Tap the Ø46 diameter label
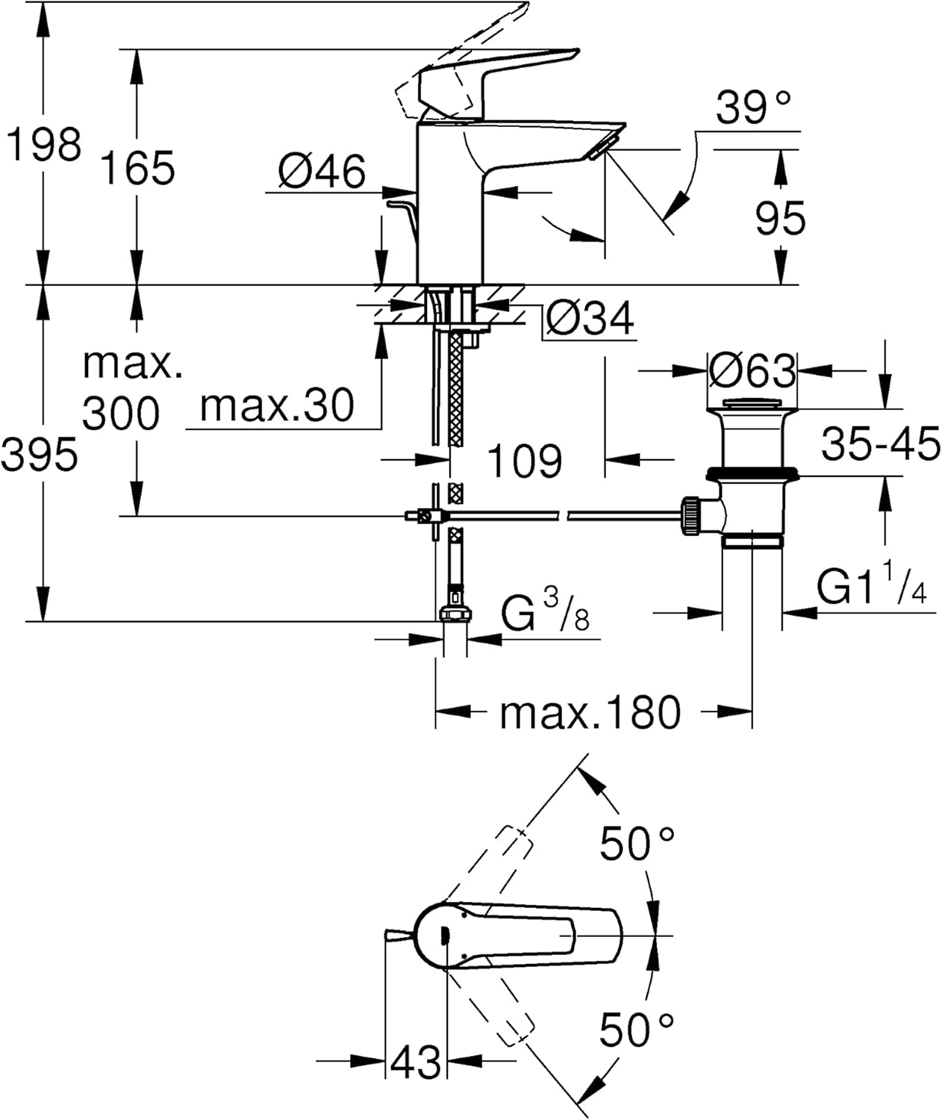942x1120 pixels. coord(322,171)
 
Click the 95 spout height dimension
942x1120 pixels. coord(780,218)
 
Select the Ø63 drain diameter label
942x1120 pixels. coord(752,370)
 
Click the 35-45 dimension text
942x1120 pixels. coord(880,445)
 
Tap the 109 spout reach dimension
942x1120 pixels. coord(525,460)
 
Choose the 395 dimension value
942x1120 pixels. coord(39,454)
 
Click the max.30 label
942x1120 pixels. coord(277,405)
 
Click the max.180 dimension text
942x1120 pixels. coord(590,712)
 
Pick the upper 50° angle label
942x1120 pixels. coord(637,844)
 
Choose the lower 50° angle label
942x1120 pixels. coord(637,1030)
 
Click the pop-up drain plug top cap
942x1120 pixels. coord(752,407)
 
